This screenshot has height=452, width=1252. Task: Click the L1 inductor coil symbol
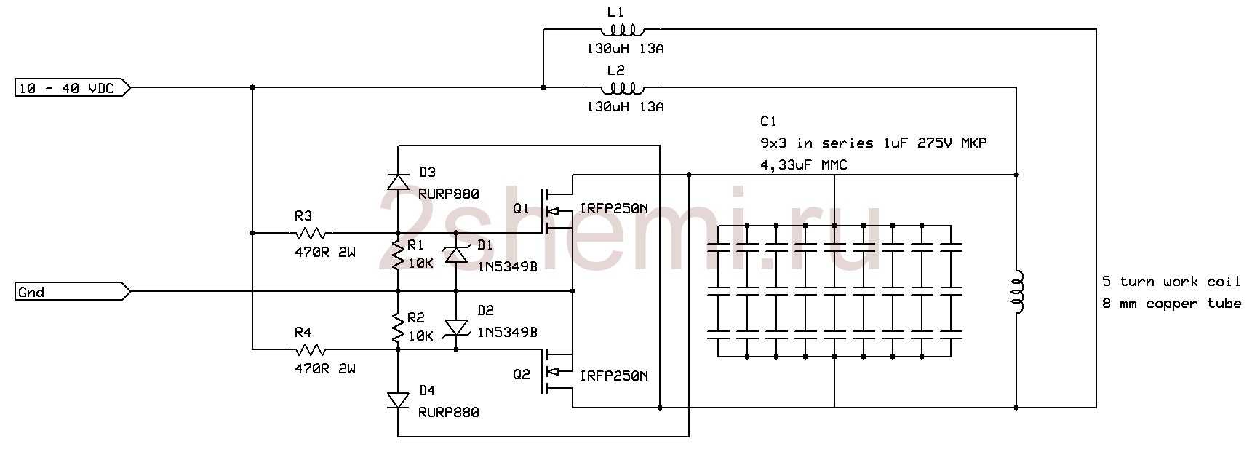pos(622,29)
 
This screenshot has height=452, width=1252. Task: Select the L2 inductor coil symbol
pos(622,87)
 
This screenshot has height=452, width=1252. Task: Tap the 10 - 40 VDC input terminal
pos(73,88)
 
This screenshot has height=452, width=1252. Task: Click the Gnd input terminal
pos(73,292)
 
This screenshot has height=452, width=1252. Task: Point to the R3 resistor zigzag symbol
pos(311,233)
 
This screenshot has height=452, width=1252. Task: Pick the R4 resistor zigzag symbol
pos(311,349)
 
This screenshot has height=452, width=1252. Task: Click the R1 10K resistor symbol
pos(398,255)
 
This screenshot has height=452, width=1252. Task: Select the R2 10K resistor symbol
pos(398,328)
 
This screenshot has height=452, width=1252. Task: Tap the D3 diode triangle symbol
pos(398,181)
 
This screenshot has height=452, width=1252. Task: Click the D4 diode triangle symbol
pos(398,400)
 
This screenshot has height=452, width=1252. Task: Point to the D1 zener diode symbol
pos(456,255)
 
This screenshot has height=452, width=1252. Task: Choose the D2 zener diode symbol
pos(456,328)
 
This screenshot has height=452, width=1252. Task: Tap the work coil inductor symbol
pos(1018,292)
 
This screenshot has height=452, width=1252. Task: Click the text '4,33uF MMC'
pos(803,165)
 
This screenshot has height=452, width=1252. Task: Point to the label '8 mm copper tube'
pos(1172,304)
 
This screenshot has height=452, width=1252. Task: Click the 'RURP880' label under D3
pos(449,194)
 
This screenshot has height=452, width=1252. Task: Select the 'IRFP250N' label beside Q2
pos(613,376)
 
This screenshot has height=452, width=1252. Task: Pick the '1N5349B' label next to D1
pos(507,267)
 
